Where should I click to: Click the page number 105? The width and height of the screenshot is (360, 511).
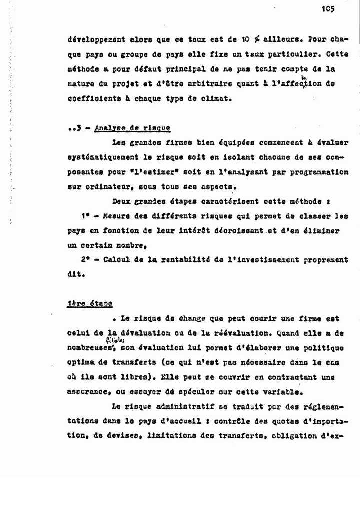pyautogui.click(x=328, y=8)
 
